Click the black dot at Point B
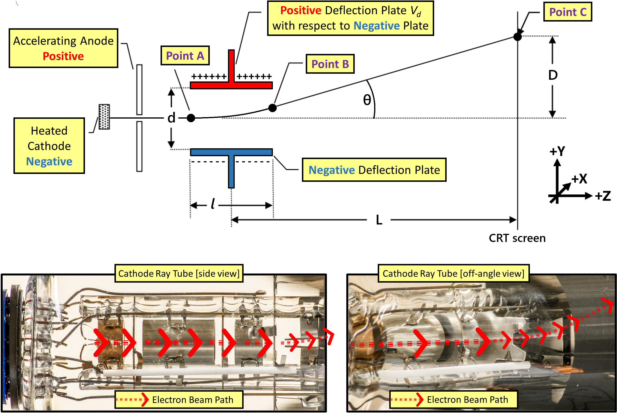pos(272,108)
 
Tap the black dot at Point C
pos(517,37)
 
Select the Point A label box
pos(185,56)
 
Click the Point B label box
pos(330,64)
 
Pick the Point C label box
pos(567,12)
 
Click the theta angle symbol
pos(367,100)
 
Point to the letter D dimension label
pos(553,75)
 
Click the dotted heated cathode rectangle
pos(104,117)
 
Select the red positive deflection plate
pos(231,84)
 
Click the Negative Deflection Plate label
pos(374,170)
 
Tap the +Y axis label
pos(557,151)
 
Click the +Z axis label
pos(603,196)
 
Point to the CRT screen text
pos(517,238)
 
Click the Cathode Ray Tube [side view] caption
pos(179,273)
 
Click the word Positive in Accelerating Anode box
pos(63,56)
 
